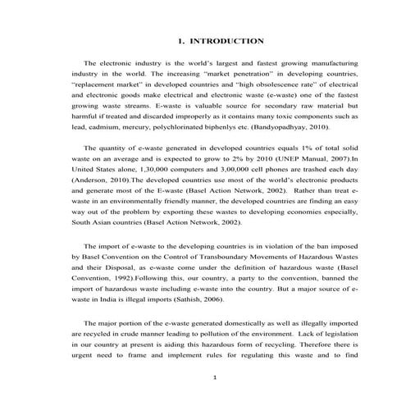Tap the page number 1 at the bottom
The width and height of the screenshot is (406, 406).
coord(213,377)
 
